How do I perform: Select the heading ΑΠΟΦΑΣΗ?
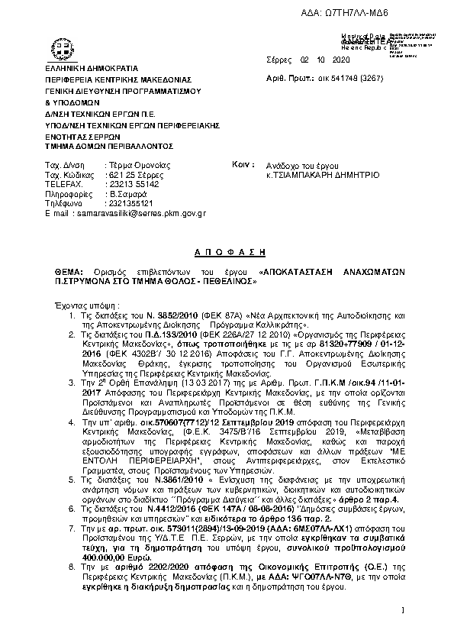pyautogui.click(x=227, y=249)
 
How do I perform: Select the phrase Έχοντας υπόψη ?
pyautogui.click(x=88, y=304)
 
